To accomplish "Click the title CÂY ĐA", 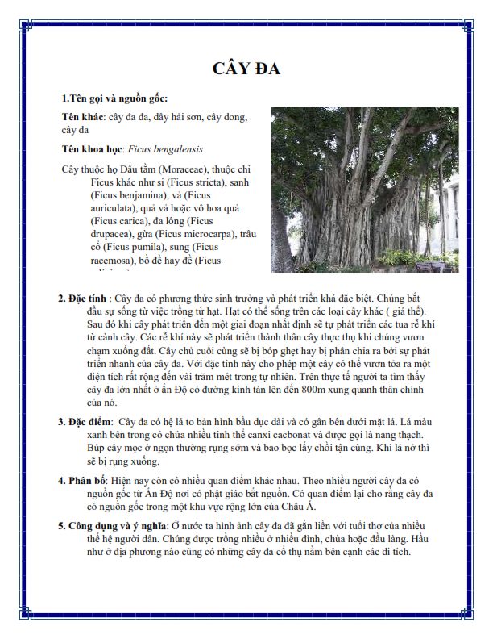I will tap(246, 68).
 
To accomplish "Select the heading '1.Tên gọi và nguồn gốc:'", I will tap(114, 98).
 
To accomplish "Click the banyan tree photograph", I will tap(364, 189).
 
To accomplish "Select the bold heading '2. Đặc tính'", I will tap(83, 299).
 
